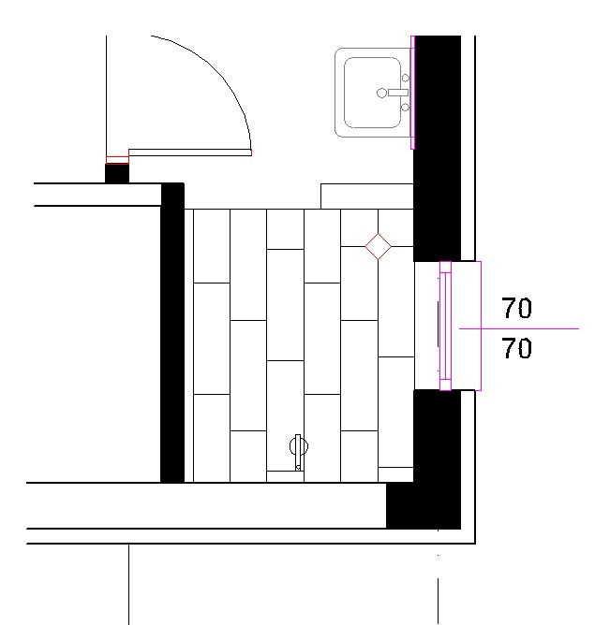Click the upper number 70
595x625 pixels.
point(517,308)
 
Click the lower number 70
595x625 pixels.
point(517,347)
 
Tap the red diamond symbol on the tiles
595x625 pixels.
point(378,246)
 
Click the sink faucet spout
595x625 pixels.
point(398,93)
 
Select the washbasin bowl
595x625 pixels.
point(372,93)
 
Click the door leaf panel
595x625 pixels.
point(190,153)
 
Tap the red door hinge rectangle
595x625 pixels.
point(117,160)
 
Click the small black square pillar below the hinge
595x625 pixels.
point(117,173)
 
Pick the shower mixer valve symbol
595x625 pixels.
point(299,450)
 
